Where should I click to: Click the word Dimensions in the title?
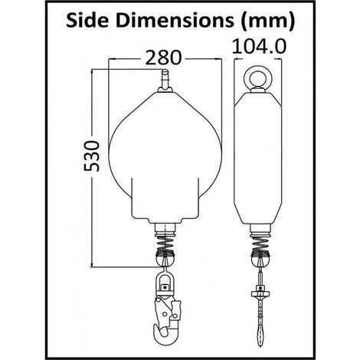[x=175, y=21]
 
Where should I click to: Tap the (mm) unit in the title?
[x=268, y=21]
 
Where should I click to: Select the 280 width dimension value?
[x=163, y=57]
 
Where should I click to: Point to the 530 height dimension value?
[x=91, y=155]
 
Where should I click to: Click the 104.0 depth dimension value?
[x=259, y=46]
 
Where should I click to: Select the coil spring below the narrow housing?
[x=260, y=243]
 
